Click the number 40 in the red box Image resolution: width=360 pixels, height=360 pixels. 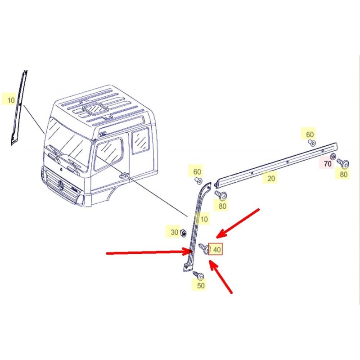pos(217,249)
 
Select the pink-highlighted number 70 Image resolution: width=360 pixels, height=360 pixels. pos(328,164)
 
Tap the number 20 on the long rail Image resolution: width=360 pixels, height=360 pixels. pos(271,178)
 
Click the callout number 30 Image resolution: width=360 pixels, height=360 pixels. pos(175,232)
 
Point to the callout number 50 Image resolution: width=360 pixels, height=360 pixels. pos(201,285)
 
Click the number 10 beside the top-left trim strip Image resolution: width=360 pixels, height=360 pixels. pos(11,100)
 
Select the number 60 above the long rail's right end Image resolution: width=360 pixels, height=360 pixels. pos(310,134)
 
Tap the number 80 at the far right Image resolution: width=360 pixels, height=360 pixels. pos(343,174)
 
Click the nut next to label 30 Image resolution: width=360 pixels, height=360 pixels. pos(183,233)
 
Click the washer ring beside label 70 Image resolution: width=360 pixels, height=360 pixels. pos(333,157)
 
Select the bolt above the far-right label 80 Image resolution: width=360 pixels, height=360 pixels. pos(343,163)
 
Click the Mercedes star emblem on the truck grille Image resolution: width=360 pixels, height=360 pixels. pos(61,185)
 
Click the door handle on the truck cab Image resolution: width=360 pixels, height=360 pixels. pos(123,175)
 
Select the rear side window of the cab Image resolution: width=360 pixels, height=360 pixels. pos(140,141)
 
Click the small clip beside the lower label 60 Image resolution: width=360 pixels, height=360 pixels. pos(198,181)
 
